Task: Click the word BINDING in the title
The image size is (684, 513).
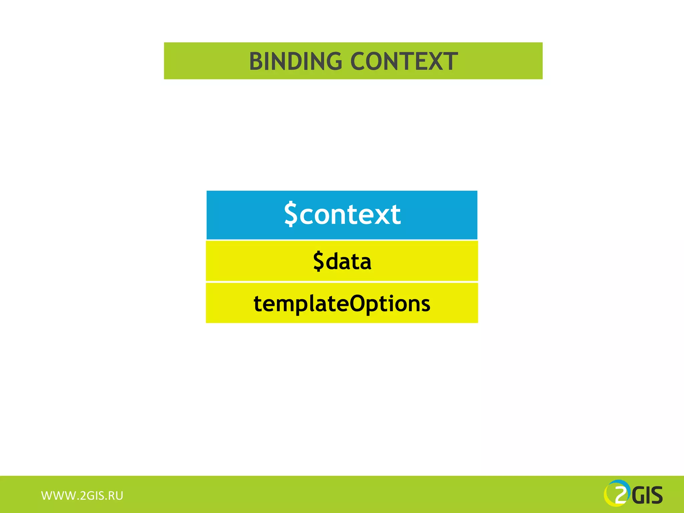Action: (296, 61)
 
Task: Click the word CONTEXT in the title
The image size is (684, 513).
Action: (404, 61)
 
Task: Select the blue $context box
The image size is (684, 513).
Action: (342, 215)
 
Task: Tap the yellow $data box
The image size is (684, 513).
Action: (342, 261)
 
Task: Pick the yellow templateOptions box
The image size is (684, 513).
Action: (342, 303)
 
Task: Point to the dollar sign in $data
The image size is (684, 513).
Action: (319, 261)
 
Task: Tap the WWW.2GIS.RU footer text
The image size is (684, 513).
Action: (82, 496)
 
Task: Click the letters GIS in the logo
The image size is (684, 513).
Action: (647, 496)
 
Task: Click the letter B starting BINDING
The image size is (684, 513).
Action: (256, 61)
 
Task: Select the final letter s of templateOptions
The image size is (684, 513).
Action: (425, 304)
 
